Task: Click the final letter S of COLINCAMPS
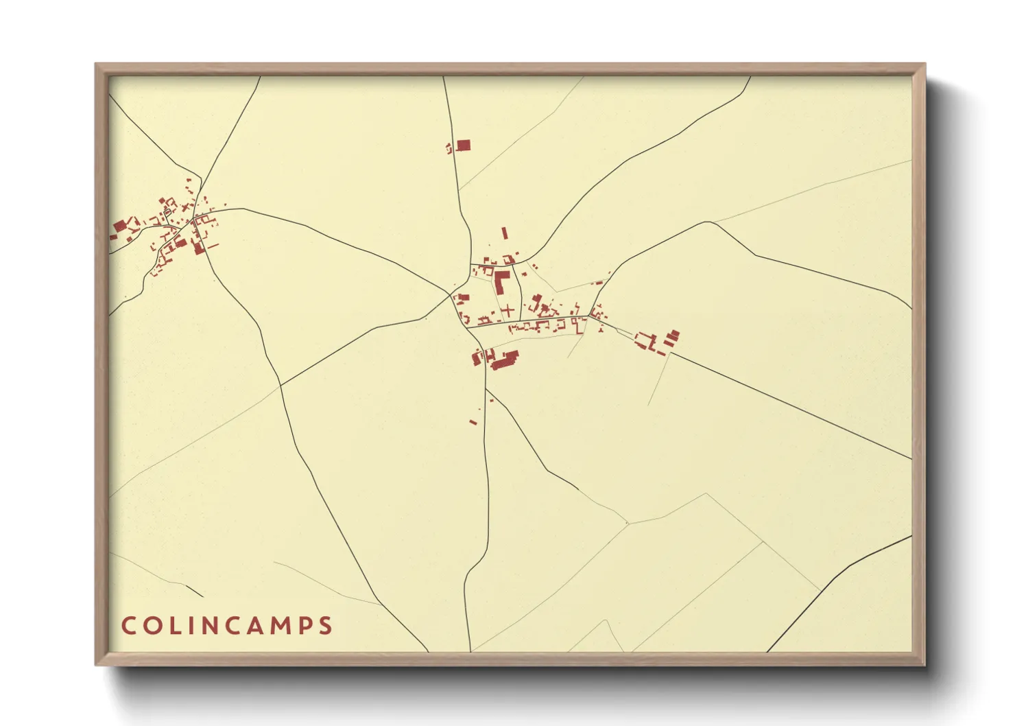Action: pos(325,626)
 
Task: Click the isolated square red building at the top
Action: pos(464,145)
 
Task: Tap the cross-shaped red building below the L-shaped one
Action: pos(508,311)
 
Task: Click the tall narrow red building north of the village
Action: pos(505,233)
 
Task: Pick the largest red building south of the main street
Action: pos(505,360)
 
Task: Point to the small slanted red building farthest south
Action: pos(473,421)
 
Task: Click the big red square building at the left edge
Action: pos(120,226)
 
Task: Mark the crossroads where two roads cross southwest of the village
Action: pos(280,385)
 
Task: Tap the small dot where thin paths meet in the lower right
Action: pos(627,524)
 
